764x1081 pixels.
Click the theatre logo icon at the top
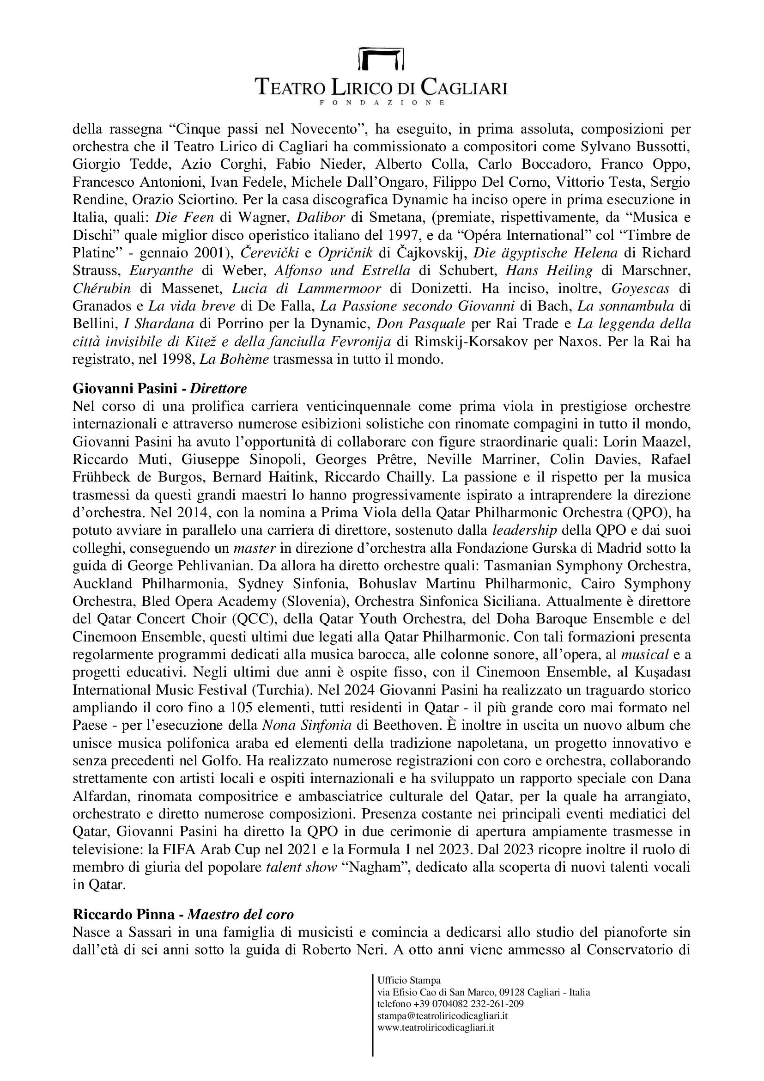[382, 58]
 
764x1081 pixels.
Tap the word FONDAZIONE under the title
[382, 102]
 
